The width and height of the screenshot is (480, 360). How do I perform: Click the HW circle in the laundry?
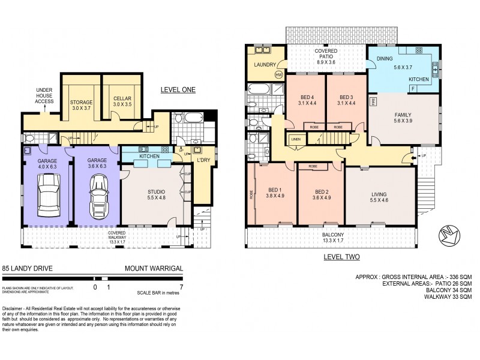278,75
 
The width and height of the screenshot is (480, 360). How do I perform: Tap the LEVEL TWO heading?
340,257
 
